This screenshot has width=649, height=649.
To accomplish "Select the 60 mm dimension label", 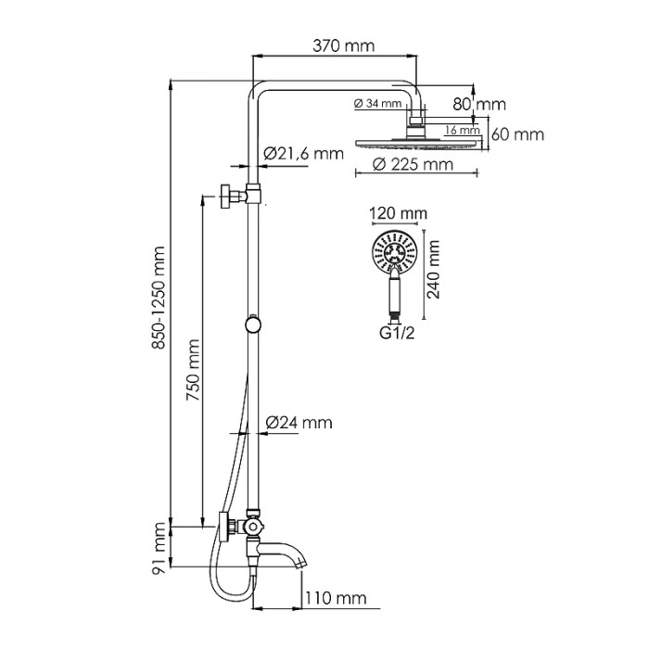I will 516,134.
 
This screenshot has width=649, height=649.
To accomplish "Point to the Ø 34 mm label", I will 377,103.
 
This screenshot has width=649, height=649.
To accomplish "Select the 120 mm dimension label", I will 399,214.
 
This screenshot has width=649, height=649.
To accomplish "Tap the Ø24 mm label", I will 299,423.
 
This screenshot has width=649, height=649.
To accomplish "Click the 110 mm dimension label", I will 336,598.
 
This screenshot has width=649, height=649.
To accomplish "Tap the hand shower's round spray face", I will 394,250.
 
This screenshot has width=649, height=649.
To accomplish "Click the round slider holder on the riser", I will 252,324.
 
